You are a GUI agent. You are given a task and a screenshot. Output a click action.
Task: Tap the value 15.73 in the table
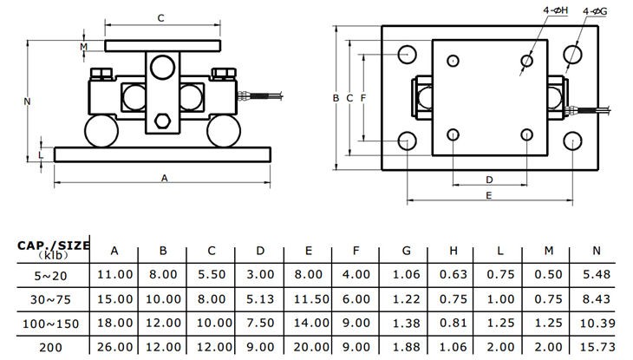pyautogui.click(x=597, y=347)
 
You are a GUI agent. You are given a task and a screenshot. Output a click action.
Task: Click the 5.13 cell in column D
pyautogui.click(x=259, y=298)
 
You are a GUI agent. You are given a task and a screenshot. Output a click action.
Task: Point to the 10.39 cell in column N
pyautogui.click(x=597, y=323)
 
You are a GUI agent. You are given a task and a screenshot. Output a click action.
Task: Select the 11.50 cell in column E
pyautogui.click(x=307, y=298)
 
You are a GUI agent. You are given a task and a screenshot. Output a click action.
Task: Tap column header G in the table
pyautogui.click(x=406, y=251)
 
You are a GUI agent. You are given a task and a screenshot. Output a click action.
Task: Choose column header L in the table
pyautogui.click(x=500, y=251)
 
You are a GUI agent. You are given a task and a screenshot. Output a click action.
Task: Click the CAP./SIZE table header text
pyautogui.click(x=54, y=245)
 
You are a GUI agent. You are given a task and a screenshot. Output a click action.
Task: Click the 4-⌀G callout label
pyautogui.click(x=595, y=11)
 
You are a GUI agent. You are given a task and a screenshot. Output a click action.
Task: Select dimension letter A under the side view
pyautogui.click(x=164, y=177)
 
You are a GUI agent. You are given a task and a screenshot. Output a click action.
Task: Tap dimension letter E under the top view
pyautogui.click(x=489, y=197)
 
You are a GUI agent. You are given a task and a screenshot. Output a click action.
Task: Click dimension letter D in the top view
pyautogui.click(x=489, y=179)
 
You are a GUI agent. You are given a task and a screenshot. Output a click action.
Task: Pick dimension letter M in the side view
pyautogui.click(x=84, y=45)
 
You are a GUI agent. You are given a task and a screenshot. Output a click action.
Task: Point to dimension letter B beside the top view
pyautogui.click(x=336, y=98)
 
